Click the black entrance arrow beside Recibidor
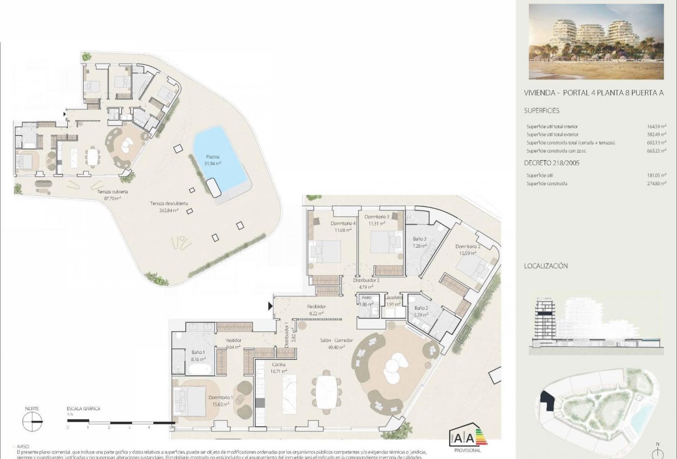(270, 306)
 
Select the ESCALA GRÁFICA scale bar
(120, 422)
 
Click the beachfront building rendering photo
(596, 42)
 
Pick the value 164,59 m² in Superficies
(656, 126)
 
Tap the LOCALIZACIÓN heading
(546, 266)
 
